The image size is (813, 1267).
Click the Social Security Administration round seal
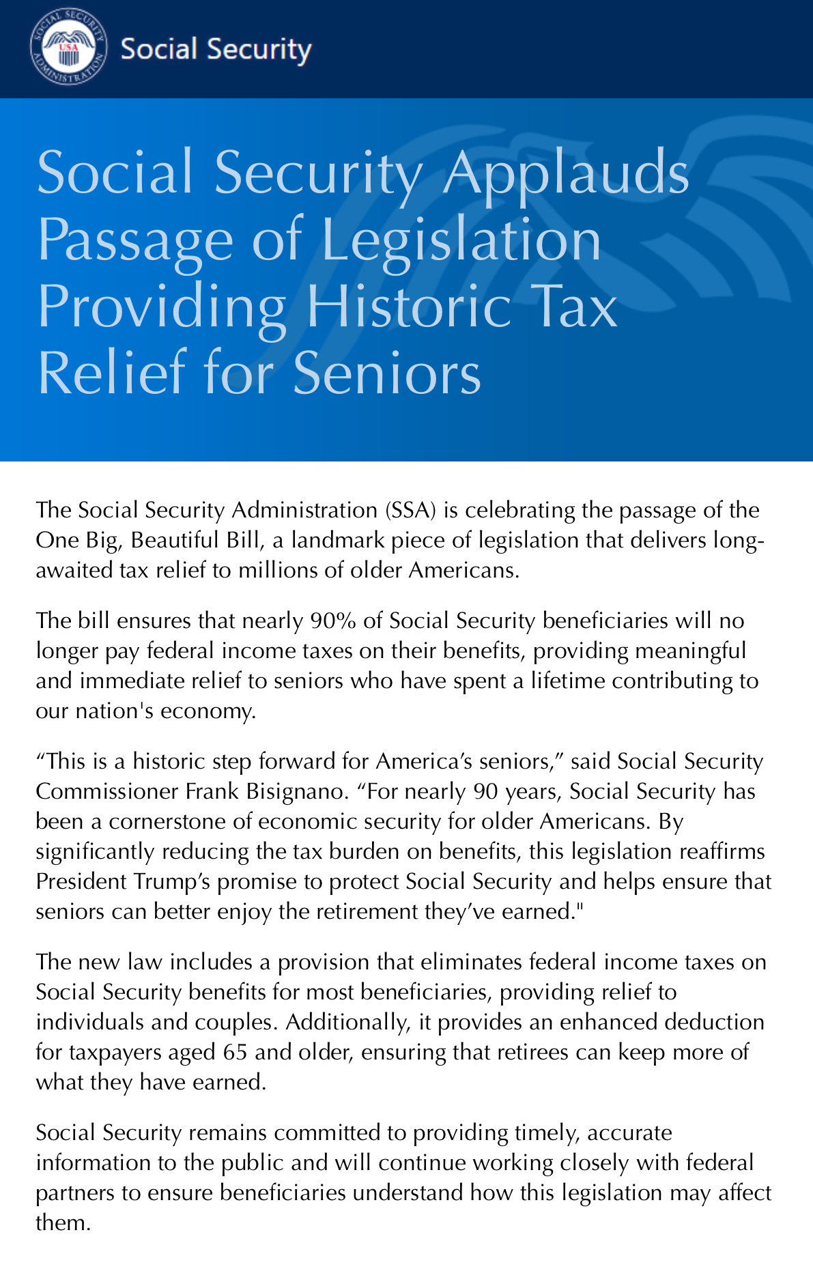coord(69,48)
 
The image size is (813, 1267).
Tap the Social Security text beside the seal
coord(216,49)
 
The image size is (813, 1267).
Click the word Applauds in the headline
coord(567,172)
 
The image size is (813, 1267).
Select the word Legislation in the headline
coord(461,240)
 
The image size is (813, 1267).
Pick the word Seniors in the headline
coord(387,373)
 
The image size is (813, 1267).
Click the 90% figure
coord(333,621)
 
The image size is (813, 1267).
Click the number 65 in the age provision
coord(235,1052)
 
